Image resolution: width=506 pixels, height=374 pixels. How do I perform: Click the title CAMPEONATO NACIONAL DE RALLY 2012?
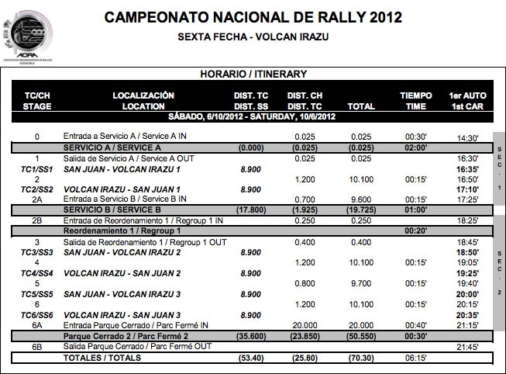253,17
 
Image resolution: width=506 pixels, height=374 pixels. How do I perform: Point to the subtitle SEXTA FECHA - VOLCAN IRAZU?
253,36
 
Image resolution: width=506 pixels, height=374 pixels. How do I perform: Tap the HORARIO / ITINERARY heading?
253,74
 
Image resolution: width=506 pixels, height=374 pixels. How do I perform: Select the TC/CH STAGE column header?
36,101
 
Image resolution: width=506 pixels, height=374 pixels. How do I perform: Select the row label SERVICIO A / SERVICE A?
112,147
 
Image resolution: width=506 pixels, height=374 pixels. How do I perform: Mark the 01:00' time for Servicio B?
416,210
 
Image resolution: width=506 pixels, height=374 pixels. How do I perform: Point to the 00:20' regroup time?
416,230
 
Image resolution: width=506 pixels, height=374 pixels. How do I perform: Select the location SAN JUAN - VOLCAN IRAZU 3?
122,294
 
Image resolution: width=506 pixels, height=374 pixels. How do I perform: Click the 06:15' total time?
416,358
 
